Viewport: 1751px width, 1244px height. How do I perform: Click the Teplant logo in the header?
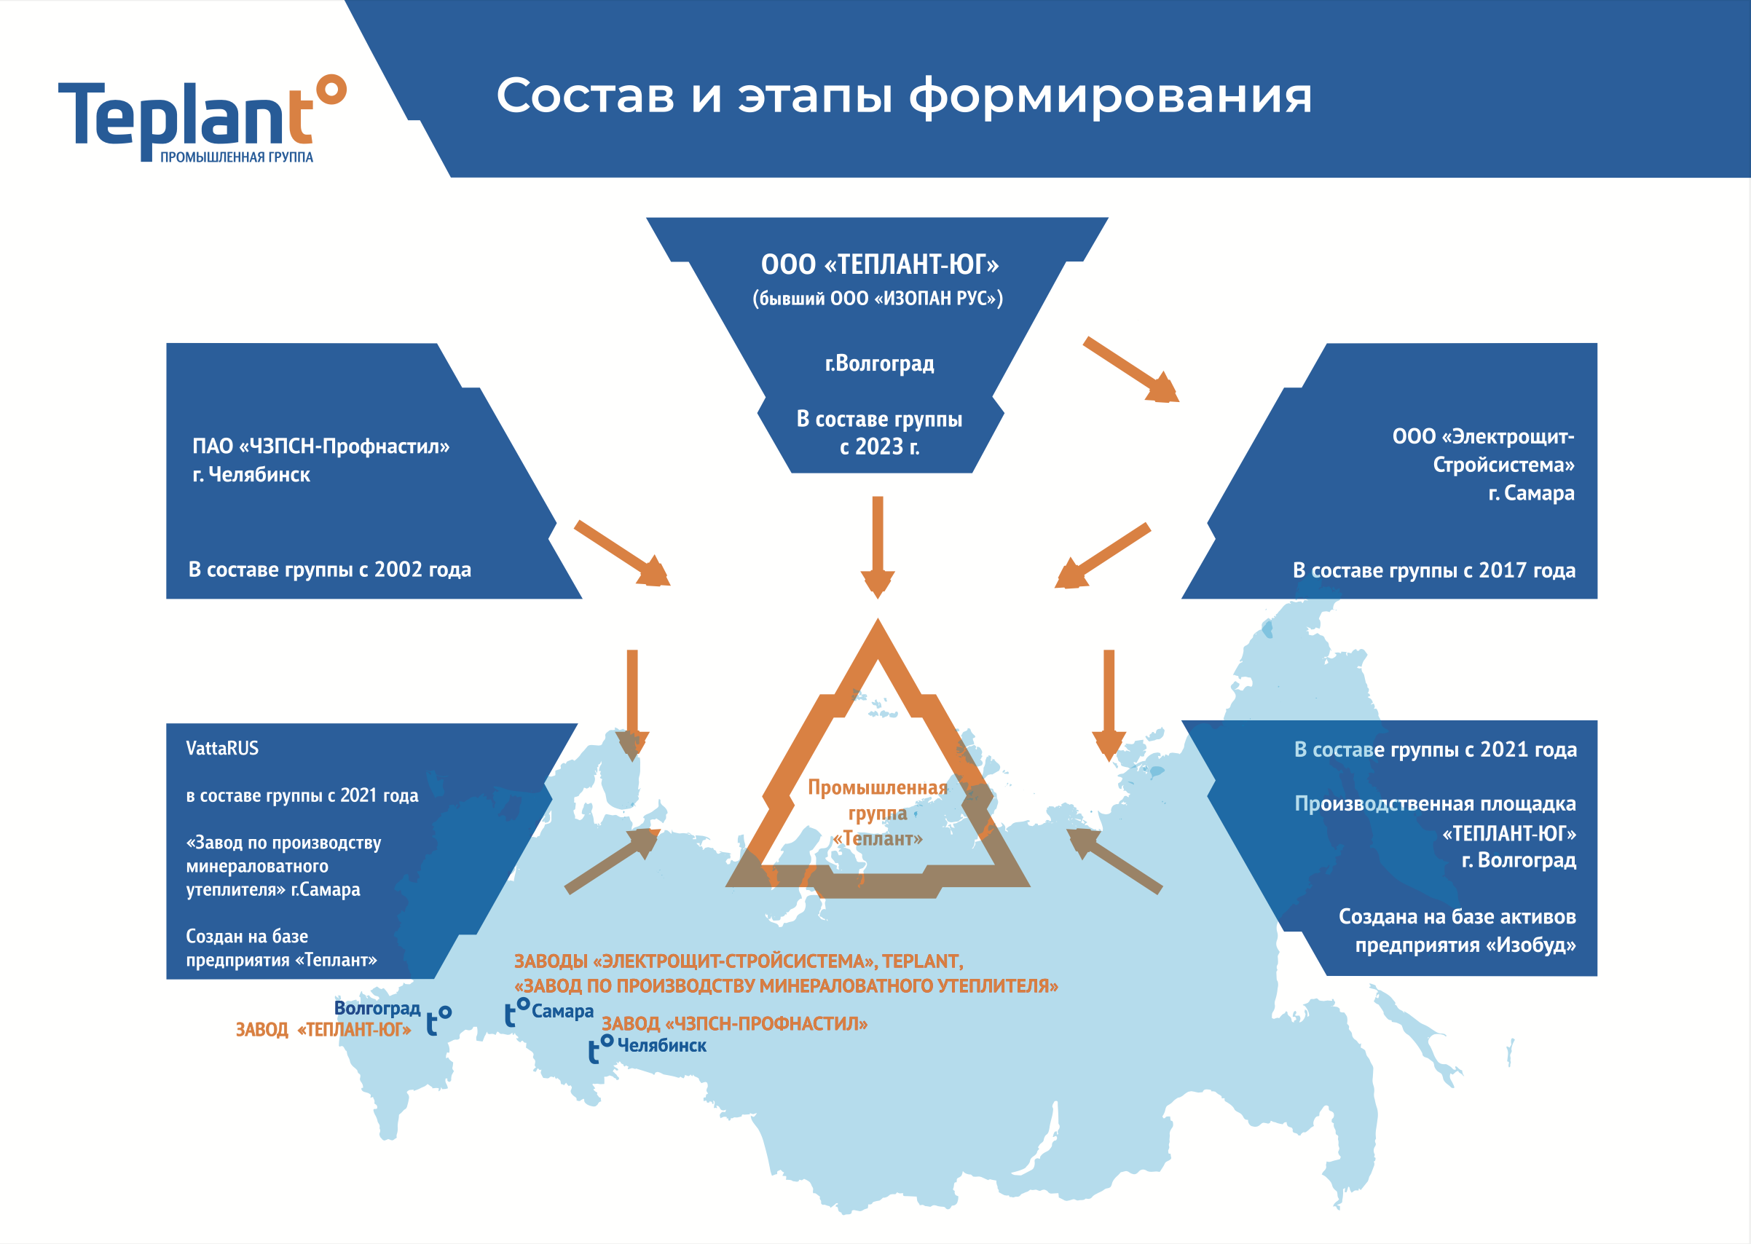click(201, 119)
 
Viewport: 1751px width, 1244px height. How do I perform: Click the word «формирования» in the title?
click(1110, 98)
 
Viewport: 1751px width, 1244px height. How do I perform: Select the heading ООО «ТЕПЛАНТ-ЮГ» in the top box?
click(879, 265)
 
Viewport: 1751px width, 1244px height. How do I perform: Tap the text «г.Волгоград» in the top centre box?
click(879, 363)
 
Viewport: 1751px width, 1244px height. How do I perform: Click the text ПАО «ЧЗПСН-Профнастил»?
click(321, 446)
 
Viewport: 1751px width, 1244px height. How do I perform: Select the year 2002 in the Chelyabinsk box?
click(398, 570)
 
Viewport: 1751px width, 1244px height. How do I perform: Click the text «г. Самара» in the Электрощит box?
click(1530, 493)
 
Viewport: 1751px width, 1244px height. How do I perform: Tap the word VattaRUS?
click(222, 749)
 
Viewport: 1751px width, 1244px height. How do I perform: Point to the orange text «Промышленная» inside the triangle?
click(877, 787)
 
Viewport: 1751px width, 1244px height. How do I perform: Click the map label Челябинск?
click(661, 1046)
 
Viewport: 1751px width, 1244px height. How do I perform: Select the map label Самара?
click(562, 1012)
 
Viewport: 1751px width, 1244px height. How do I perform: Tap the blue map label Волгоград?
click(377, 1008)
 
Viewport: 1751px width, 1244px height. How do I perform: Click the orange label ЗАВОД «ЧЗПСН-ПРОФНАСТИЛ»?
click(733, 1024)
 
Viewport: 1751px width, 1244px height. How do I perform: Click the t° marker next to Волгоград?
click(439, 1020)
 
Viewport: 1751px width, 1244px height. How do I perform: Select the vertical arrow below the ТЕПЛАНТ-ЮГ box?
click(878, 546)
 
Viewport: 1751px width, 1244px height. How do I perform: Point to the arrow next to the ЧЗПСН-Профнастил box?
click(622, 553)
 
